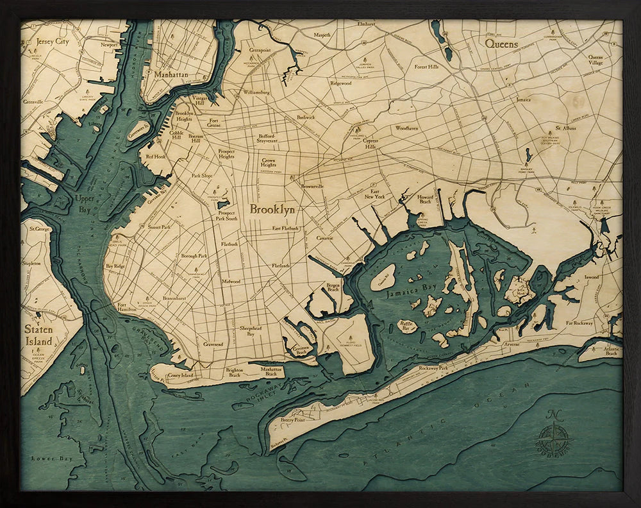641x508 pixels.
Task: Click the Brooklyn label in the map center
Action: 272,209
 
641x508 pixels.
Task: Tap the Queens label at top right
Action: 501,44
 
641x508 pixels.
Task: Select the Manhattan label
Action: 171,75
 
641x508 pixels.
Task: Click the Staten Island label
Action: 38,335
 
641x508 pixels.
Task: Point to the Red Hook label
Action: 155,156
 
